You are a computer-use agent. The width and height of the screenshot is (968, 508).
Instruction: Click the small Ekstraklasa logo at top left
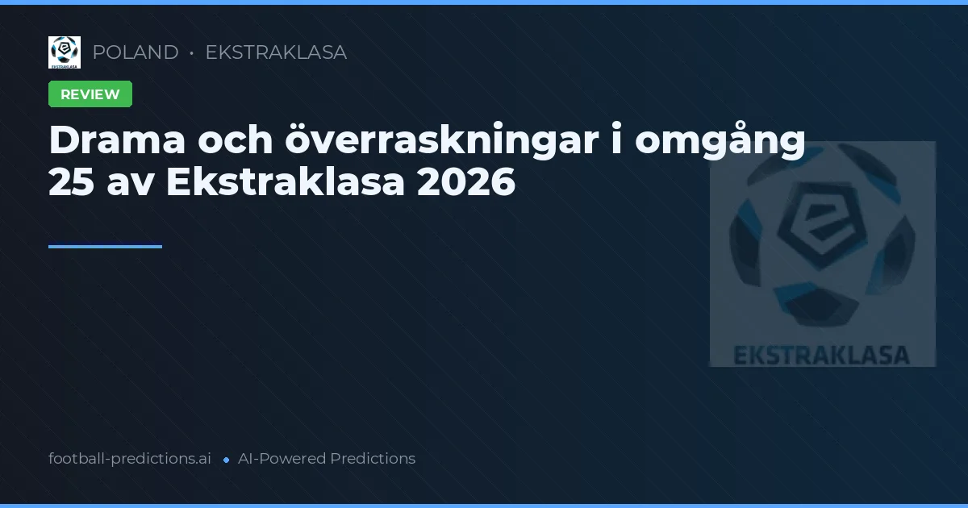point(65,52)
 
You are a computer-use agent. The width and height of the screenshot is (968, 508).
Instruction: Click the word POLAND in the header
point(136,52)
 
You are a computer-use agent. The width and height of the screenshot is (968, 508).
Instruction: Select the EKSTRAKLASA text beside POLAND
point(276,52)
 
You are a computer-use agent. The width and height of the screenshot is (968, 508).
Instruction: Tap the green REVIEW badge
point(90,94)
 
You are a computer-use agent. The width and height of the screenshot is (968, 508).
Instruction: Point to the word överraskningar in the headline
point(451,141)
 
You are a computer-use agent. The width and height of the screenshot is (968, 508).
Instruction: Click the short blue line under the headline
point(105,247)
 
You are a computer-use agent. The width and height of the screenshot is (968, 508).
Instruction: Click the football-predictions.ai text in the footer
point(130,459)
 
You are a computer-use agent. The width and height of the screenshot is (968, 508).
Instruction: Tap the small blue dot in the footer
point(226,460)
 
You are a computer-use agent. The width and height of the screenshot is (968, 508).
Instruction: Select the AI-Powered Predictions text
point(327,459)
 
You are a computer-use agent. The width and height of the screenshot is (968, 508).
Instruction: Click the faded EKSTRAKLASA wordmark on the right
point(822,355)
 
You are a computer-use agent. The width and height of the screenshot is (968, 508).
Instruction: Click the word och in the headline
point(231,141)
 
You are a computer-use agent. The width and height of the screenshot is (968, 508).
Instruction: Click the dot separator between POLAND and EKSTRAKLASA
point(192,53)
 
